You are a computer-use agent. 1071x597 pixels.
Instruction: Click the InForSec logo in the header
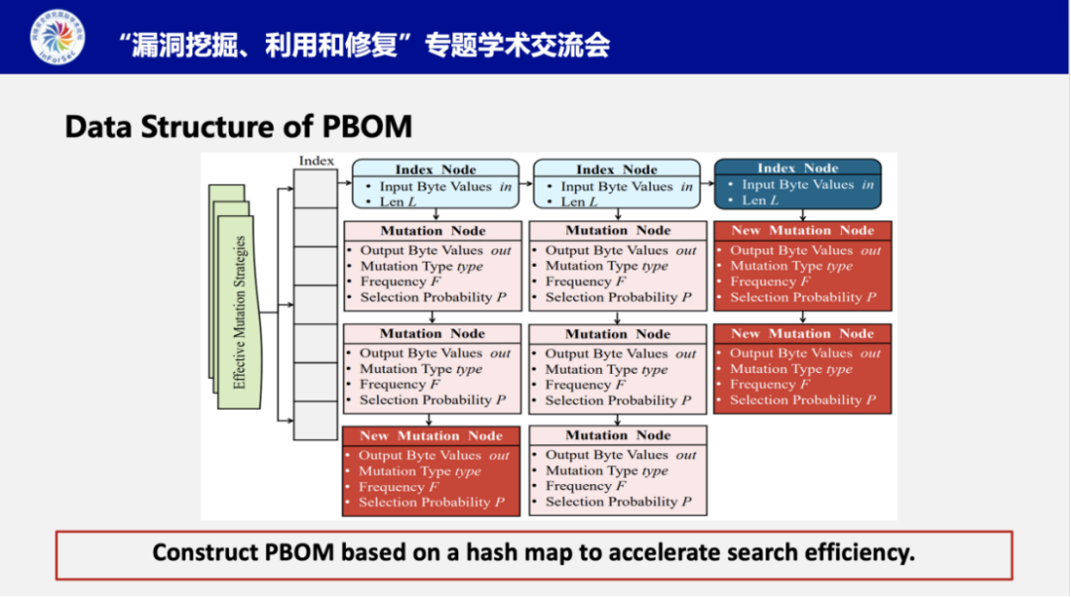58,38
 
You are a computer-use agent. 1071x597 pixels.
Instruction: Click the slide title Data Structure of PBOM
238,127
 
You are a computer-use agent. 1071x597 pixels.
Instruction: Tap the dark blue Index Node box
797,184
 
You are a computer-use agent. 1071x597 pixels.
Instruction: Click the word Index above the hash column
316,161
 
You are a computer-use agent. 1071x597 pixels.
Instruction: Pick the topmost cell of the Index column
315,187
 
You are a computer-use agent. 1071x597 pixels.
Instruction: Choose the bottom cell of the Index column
315,420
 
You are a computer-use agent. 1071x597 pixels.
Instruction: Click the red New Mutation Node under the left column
431,470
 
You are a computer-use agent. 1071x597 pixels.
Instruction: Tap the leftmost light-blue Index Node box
435,185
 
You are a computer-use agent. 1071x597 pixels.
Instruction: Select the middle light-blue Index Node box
617,185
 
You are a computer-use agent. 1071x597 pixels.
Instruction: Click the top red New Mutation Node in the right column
802,265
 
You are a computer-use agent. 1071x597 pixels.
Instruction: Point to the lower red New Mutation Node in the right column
802,368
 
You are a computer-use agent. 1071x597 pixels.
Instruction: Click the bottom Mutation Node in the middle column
618,470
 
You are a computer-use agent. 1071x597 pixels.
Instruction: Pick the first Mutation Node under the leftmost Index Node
432,265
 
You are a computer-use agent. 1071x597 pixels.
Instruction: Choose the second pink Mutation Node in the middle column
618,368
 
